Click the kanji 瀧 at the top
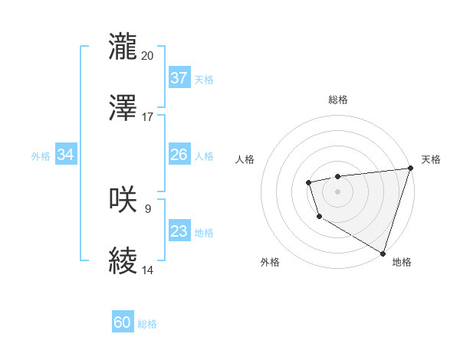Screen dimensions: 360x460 (123, 46)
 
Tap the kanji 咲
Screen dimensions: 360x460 (123, 199)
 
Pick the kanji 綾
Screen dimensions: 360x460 (123, 261)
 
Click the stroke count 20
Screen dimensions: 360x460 (148, 55)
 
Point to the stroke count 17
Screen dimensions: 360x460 (148, 117)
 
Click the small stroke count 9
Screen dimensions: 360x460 (147, 208)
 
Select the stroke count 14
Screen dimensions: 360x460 (148, 270)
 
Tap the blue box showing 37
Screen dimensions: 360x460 (179, 78)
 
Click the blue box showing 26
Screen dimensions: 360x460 (179, 155)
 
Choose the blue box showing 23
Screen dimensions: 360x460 (179, 231)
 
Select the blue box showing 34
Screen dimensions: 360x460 (65, 155)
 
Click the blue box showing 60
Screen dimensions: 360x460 (123, 322)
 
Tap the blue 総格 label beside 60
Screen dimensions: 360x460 (147, 324)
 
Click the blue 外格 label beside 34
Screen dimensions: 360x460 (41, 156)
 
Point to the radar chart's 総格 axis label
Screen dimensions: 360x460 (337, 100)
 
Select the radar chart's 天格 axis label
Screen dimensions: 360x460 (431, 159)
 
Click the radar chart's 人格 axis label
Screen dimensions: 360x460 (245, 159)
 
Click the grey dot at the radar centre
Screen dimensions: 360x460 (337, 191)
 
